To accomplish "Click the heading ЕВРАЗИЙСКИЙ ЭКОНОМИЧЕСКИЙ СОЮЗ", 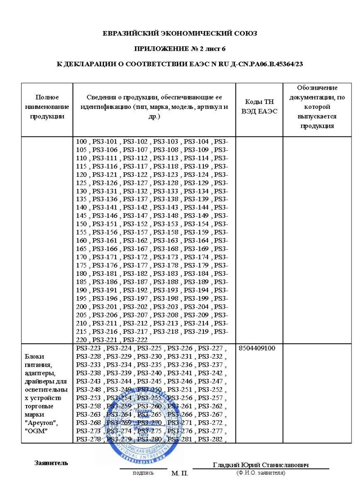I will (x=180, y=33).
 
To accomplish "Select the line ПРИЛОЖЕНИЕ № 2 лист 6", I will (x=180, y=49).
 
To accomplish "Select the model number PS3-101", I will (x=104, y=142).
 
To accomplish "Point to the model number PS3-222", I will (x=135, y=340).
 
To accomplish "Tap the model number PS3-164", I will (x=196, y=241).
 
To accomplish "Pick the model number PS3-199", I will (x=196, y=298).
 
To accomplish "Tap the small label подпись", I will (x=143, y=473).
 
